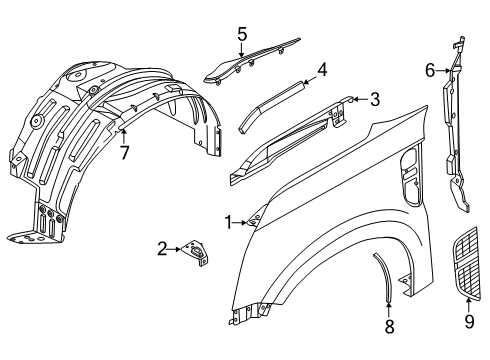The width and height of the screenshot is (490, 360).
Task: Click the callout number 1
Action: click(227, 222)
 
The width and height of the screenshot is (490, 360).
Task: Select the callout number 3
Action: click(374, 100)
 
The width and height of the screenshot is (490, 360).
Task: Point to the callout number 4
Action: click(322, 70)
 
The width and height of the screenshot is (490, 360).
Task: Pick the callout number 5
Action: click(242, 34)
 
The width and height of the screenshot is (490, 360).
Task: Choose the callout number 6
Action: click(429, 70)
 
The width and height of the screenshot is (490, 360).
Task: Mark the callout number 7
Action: click(123, 153)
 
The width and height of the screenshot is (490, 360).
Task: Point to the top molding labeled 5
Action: click(250, 60)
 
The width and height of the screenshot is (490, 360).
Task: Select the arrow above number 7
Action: click(123, 133)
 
